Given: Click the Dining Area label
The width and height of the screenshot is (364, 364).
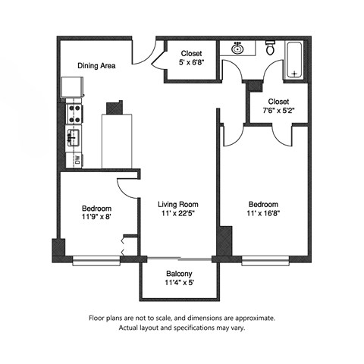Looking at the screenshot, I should [x=96, y=66].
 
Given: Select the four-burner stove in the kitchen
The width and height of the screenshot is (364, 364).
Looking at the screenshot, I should [x=76, y=114].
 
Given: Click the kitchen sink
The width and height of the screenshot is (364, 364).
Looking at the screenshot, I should [x=75, y=137].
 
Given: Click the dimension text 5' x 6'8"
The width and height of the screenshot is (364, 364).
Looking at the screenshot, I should [x=191, y=64].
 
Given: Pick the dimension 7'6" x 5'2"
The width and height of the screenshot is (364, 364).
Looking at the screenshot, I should [x=278, y=111].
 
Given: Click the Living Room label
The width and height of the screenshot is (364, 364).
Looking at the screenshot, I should [x=178, y=204].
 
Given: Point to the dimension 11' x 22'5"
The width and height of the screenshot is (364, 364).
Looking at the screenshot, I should [x=178, y=215].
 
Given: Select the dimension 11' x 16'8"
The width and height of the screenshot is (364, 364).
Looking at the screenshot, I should [x=263, y=215].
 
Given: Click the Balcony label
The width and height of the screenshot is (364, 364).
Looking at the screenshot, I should [x=179, y=274].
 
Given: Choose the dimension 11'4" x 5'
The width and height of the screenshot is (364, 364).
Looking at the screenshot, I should [x=179, y=284].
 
